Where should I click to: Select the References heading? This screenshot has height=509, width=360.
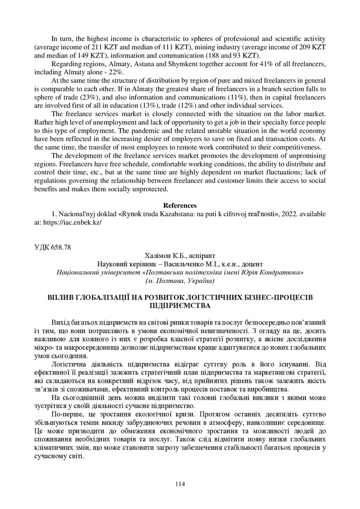180,205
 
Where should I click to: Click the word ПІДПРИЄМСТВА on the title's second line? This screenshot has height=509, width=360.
180,306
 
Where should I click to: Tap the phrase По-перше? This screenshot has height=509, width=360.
66,414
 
